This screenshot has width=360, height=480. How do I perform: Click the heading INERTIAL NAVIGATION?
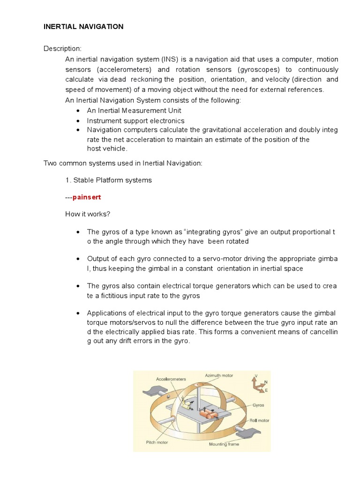(83, 27)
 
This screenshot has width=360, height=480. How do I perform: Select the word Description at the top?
(62, 49)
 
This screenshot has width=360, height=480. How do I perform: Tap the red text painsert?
(86, 197)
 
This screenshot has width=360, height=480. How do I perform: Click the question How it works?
(88, 214)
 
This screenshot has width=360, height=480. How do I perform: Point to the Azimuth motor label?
(219, 375)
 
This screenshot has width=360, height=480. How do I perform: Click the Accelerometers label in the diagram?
(171, 379)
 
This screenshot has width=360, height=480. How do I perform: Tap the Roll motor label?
(259, 420)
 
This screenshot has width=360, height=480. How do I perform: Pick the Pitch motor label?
(157, 442)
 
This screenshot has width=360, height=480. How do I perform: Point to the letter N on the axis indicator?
(266, 382)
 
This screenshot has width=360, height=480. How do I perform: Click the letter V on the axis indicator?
(255, 375)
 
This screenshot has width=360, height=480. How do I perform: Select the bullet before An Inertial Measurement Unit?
(77, 111)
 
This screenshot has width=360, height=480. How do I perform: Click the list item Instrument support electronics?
(135, 120)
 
